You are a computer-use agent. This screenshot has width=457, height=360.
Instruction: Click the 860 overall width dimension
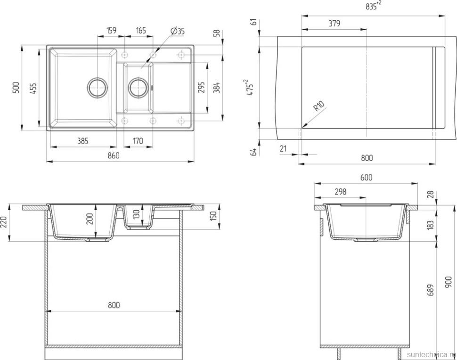pos(114,155)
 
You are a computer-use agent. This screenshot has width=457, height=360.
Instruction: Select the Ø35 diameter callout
pos(177,31)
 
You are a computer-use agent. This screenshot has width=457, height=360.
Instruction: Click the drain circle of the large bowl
pos(98,87)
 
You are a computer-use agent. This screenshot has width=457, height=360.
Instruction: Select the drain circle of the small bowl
pos(139,87)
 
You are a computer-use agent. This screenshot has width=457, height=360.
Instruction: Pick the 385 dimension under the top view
pos(83,140)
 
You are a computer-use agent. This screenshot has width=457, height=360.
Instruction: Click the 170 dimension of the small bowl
pos(138,140)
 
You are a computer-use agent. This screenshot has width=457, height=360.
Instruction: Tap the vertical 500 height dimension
pos(16,88)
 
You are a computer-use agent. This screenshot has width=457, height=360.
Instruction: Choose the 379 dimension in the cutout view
pos(334,23)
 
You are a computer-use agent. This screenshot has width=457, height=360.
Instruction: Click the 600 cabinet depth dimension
pos(367,178)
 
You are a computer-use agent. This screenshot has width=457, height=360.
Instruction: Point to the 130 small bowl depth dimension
pos(136,215)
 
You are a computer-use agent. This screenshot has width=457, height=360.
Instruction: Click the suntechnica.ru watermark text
pos(430,353)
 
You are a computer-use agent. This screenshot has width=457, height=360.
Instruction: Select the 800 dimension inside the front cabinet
pos(114,305)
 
